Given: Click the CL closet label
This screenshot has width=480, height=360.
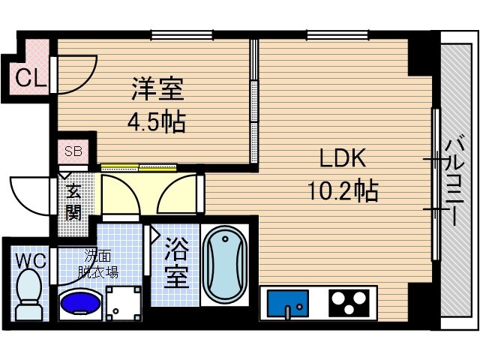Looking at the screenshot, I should click(27, 78).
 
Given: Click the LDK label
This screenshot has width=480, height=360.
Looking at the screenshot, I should click(342, 159).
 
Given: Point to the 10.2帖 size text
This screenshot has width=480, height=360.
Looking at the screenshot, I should click(342, 191).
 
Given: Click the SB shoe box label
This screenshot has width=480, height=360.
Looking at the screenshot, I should click(73, 151).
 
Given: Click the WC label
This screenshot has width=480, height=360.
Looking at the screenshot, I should click(29, 261).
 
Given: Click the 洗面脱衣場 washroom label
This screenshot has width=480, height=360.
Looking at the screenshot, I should click(100, 264).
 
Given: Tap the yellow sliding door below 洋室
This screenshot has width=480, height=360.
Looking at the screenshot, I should click(139, 166).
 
